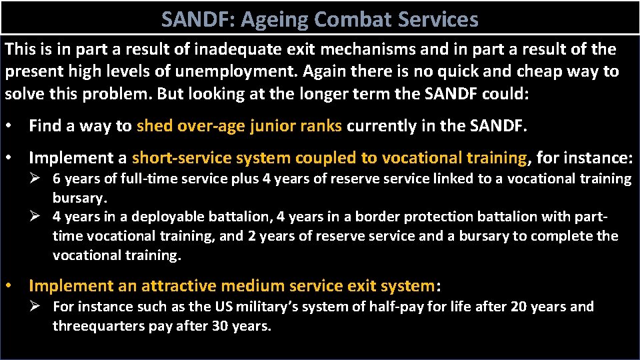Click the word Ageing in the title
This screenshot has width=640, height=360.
tap(274, 19)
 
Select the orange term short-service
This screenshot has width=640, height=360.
tap(175, 158)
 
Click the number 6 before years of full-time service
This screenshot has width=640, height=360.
tap(57, 179)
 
